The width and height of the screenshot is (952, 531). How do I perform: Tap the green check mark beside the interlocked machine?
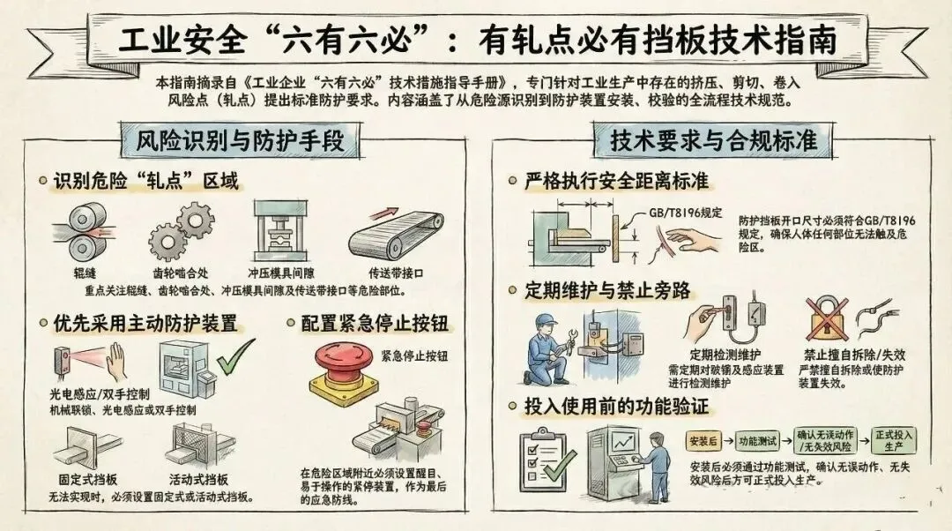click(236, 357)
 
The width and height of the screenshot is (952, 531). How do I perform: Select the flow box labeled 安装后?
click(703, 441)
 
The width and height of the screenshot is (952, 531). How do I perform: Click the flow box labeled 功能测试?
click(757, 441)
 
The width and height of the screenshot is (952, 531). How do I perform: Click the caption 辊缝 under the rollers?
click(85, 273)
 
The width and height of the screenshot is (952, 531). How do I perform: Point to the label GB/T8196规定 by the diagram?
click(686, 213)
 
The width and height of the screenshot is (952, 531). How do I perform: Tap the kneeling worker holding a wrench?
click(549, 349)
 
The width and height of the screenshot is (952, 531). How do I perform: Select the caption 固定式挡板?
click(88, 479)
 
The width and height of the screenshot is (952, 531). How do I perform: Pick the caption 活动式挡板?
click(198, 479)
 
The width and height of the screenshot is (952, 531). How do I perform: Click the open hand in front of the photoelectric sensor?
click(115, 362)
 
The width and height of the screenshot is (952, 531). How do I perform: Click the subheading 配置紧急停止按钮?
click(375, 323)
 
